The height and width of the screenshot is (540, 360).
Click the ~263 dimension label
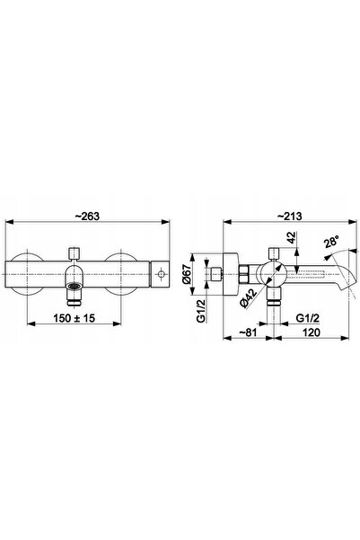click(87, 216)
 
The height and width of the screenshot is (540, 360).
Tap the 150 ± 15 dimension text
click(74, 318)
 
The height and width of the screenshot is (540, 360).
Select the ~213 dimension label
click(289, 216)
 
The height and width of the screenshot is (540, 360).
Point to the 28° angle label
click(331, 241)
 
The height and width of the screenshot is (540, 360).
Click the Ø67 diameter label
click(187, 275)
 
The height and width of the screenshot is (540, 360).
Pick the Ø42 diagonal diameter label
click(250, 298)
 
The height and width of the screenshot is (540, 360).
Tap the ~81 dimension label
click(248, 332)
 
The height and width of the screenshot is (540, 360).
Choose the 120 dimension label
click(312, 332)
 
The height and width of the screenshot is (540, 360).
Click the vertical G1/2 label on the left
click(201, 311)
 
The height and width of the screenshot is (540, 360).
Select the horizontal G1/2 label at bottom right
click(308, 318)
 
